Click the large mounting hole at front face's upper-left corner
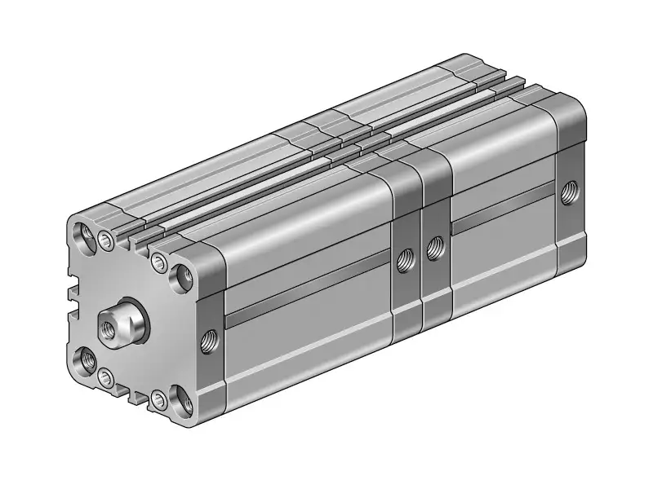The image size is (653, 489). pyautogui.click(x=84, y=235)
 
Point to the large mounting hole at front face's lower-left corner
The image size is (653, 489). pyautogui.click(x=84, y=359)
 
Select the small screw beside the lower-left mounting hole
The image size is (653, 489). pyautogui.click(x=105, y=377)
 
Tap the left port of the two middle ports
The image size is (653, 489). pyautogui.click(x=403, y=261)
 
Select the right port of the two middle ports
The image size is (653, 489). pyautogui.click(x=434, y=245)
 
